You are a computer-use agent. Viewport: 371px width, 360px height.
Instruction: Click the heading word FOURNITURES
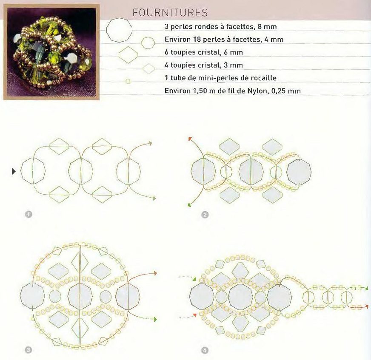pyautogui.click(x=170, y=13)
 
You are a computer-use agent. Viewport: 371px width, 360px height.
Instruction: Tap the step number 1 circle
pyautogui.click(x=29, y=214)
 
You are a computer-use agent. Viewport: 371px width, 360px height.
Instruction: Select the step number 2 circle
pyautogui.click(x=205, y=215)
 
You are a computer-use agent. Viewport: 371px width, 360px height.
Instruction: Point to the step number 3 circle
pyautogui.click(x=29, y=350)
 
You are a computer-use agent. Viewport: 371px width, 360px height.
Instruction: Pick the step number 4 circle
pyautogui.click(x=205, y=350)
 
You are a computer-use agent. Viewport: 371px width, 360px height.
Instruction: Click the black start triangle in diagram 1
pyautogui.click(x=14, y=171)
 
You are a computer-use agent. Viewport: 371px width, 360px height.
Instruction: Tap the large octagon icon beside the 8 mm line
pyautogui.click(x=119, y=30)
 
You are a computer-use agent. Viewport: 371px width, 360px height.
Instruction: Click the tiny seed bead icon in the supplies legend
pyautogui.click(x=128, y=82)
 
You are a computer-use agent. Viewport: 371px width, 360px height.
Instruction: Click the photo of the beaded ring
pyautogui.click(x=51, y=52)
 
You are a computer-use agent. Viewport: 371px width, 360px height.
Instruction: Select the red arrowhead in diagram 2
pyautogui.click(x=190, y=139)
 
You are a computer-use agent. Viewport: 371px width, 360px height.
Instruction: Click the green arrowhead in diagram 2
pyautogui.click(x=189, y=205)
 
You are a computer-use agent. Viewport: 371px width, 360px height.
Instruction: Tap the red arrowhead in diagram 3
pyautogui.click(x=155, y=273)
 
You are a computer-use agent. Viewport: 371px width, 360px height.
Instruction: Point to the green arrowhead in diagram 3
pyautogui.click(x=155, y=320)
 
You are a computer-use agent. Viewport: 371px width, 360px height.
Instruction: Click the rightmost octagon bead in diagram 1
pyautogui.click(x=128, y=171)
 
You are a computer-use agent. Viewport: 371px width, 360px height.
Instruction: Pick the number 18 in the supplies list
pyautogui.click(x=197, y=40)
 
